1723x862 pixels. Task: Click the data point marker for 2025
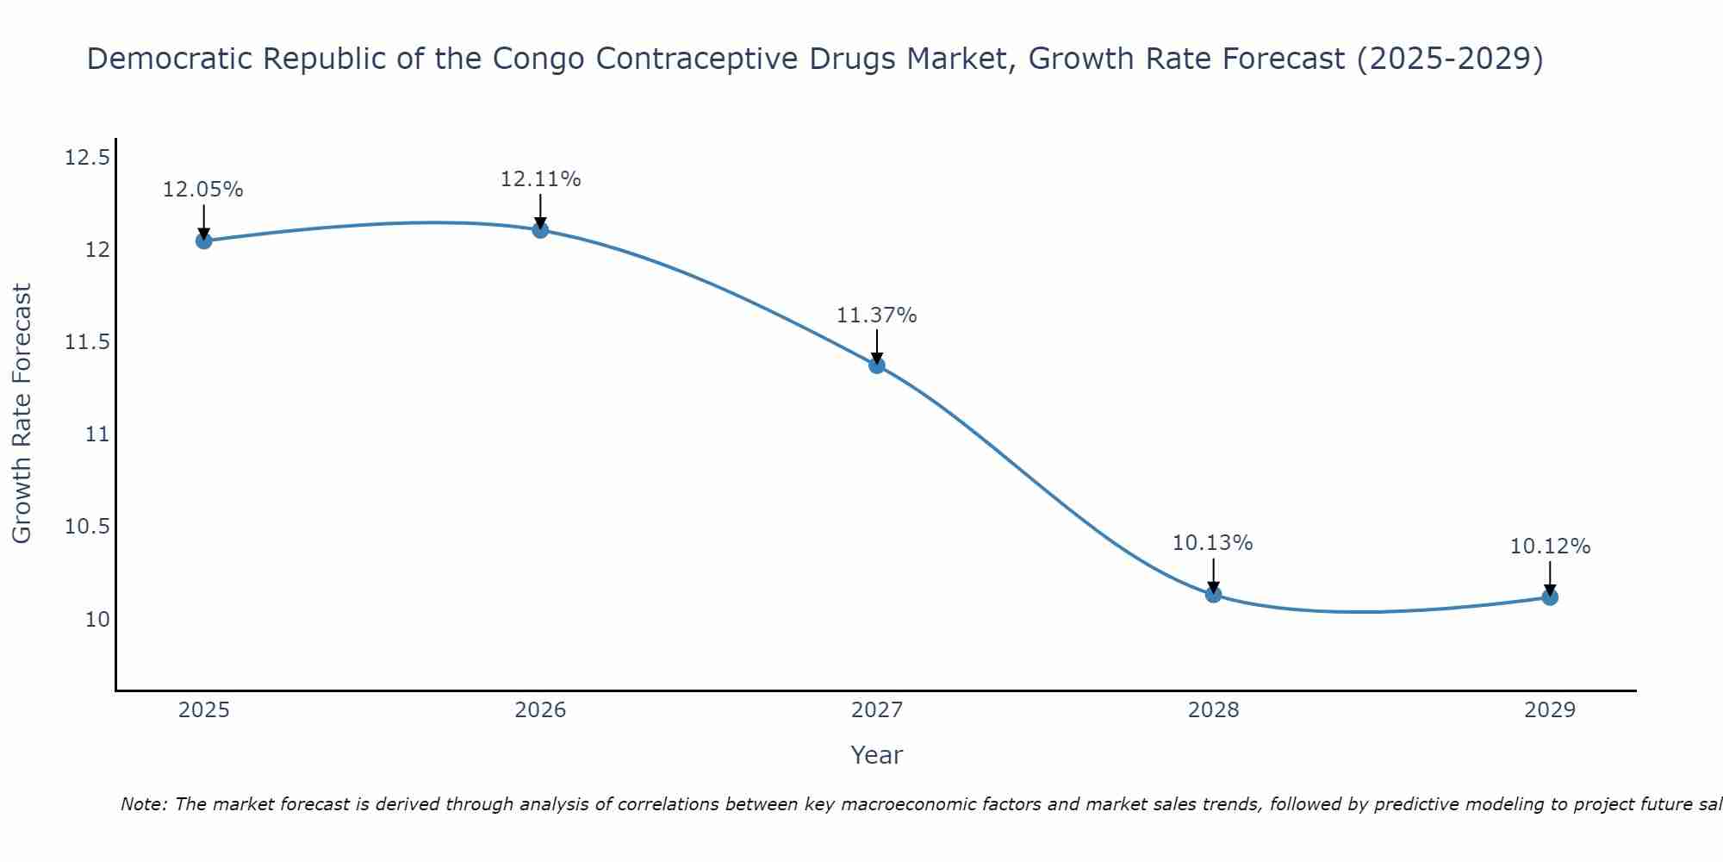[203, 240]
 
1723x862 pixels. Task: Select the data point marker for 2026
[540, 229]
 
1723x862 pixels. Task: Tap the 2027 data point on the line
[877, 365]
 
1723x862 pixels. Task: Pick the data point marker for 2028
[1213, 594]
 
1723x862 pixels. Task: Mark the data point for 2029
[1550, 597]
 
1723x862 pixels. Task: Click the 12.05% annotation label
[203, 190]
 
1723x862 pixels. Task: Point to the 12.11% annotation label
[540, 179]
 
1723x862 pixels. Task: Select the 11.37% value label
[877, 315]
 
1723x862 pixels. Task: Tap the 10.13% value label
[1213, 543]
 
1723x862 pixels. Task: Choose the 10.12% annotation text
[1550, 547]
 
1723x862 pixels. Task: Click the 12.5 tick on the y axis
[87, 158]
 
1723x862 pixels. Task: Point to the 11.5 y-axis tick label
[87, 342]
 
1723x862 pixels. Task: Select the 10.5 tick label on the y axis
[87, 527]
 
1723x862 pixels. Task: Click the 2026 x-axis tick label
[540, 710]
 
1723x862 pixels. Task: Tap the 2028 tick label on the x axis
[1213, 710]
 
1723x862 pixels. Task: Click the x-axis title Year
[877, 755]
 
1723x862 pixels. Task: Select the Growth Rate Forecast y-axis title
[22, 413]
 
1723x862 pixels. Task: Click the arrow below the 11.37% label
[877, 347]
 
